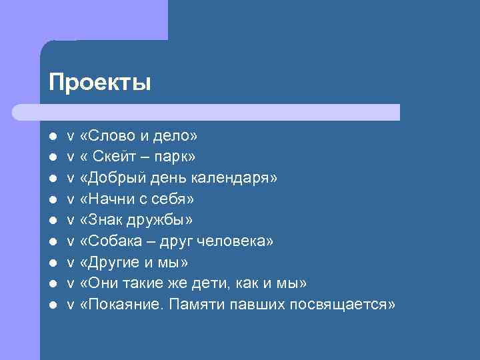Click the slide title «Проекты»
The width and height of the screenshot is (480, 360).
[x=100, y=83]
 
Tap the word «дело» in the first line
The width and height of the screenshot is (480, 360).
[x=175, y=136]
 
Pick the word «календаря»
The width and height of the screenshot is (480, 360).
[x=234, y=178]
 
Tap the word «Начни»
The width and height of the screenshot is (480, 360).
[x=109, y=199]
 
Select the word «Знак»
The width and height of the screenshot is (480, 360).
[x=104, y=219]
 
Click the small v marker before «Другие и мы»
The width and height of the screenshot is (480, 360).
[x=71, y=262]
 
